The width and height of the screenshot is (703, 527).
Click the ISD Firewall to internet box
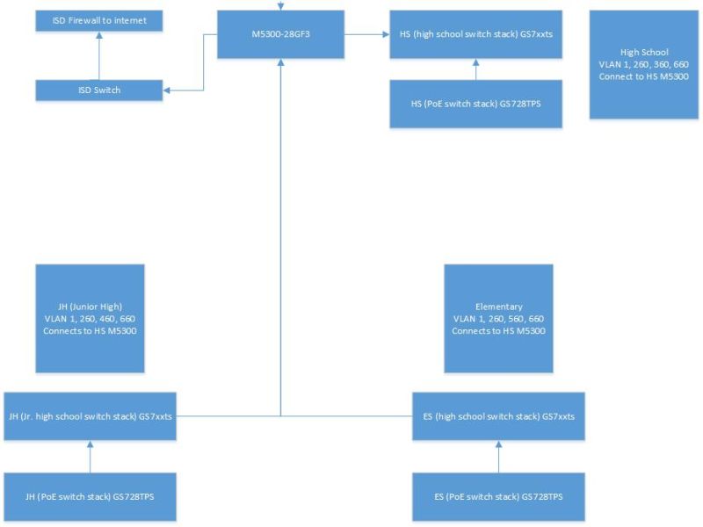99,19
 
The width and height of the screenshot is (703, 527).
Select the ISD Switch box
99,90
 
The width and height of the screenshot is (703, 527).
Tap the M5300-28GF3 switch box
280,35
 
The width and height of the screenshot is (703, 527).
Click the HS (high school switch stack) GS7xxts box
475,35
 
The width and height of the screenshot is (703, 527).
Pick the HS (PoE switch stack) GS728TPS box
475,104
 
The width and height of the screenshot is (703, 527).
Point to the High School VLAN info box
644,64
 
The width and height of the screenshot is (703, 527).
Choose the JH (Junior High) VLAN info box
90,318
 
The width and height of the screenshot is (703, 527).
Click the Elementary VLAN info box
498,318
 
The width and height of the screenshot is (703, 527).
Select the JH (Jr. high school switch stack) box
90,415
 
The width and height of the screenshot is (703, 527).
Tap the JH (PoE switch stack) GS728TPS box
90,496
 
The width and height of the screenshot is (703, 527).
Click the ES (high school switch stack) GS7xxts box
498,415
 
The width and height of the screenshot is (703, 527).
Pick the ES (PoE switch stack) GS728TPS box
498,496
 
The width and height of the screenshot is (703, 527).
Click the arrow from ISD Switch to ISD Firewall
99,54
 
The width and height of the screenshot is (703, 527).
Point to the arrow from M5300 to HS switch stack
366,35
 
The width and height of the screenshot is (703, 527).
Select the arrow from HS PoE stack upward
475,69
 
